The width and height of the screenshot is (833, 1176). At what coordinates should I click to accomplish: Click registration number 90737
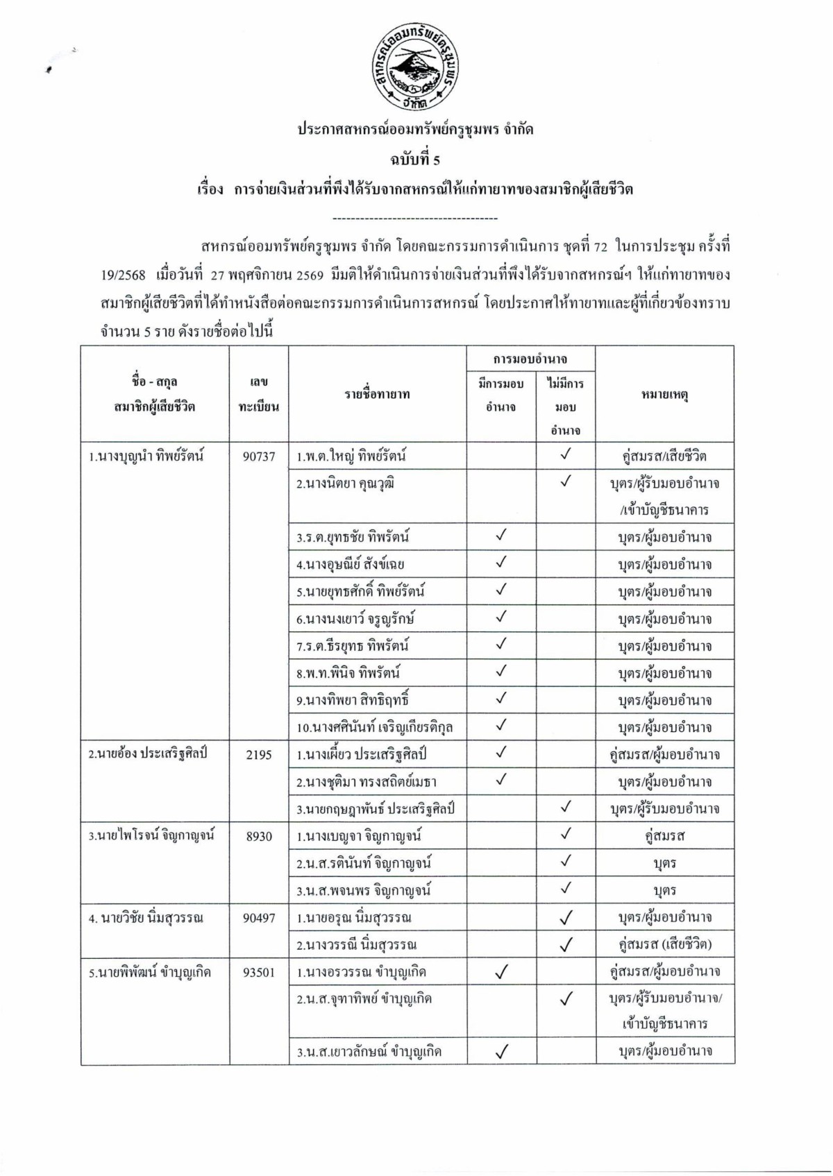click(259, 457)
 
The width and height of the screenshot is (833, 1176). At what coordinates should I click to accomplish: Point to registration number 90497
click(259, 918)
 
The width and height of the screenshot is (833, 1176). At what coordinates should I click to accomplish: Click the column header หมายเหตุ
click(664, 395)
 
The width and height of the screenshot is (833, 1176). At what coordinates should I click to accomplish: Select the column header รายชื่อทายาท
click(377, 395)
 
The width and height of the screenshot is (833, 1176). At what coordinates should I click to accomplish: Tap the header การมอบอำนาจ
click(530, 359)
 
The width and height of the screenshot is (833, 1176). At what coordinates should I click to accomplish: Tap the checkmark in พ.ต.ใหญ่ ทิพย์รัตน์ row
click(566, 455)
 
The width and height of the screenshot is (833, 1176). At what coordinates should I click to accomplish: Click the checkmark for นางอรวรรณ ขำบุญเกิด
click(501, 973)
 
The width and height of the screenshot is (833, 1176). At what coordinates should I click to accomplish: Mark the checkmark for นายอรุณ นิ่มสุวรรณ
click(566, 918)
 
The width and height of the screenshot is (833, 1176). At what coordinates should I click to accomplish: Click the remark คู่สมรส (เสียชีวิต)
click(664, 945)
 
